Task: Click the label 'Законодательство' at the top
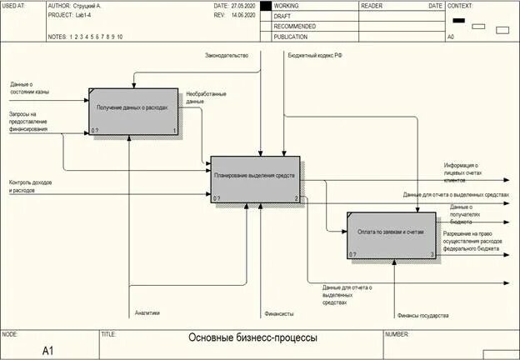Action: click(x=227, y=56)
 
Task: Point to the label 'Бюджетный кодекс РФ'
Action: click(x=315, y=56)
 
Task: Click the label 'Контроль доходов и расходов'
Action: click(x=33, y=187)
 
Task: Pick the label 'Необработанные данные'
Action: click(x=206, y=97)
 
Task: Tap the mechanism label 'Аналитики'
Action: click(x=147, y=313)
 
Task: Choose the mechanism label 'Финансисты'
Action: click(x=279, y=314)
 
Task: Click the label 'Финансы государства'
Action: click(x=422, y=316)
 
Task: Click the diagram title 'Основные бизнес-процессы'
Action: click(x=252, y=339)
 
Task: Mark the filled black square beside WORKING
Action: click(x=266, y=6)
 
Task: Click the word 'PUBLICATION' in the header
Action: click(x=291, y=37)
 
